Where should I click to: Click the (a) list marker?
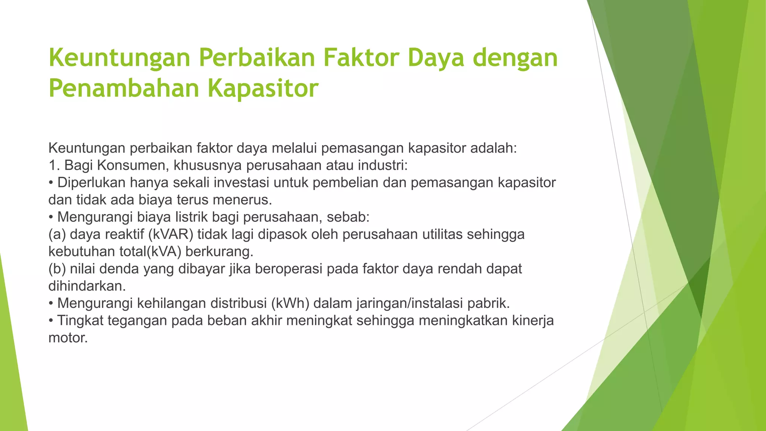point(57,235)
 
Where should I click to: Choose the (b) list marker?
point(57,269)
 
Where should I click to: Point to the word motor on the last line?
point(67,338)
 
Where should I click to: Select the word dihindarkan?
point(86,286)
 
